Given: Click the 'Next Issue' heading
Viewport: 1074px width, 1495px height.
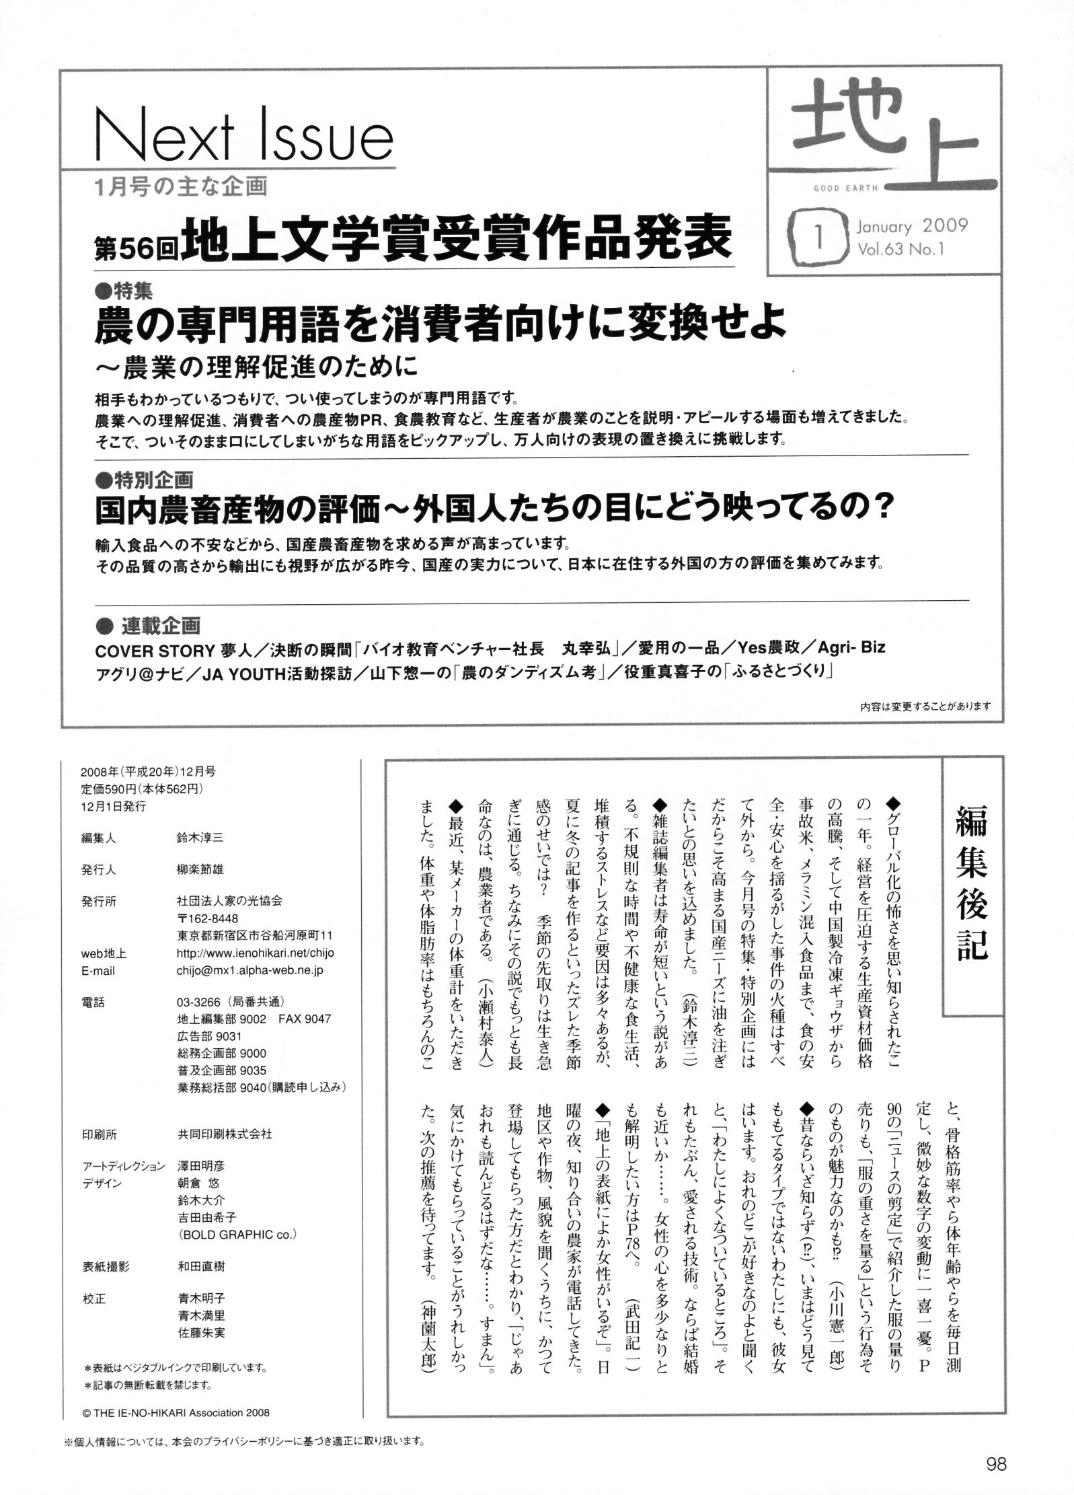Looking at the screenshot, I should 243,137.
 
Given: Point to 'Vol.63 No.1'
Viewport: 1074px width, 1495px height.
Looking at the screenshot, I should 901,249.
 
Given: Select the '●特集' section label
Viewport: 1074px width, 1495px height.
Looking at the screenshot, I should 124,291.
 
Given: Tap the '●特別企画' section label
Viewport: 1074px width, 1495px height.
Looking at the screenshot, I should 144,480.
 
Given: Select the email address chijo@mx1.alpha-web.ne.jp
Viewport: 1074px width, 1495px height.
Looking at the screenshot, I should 250,970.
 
